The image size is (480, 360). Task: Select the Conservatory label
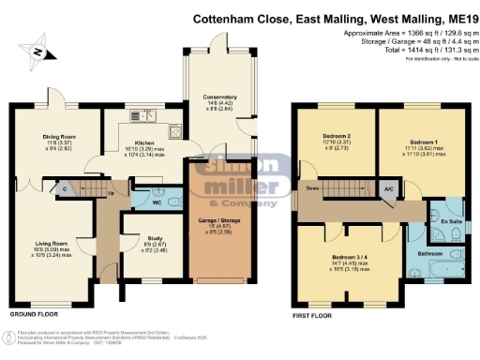tap(214, 97)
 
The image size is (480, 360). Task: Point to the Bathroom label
tap(429, 253)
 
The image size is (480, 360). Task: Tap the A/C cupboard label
tap(387, 188)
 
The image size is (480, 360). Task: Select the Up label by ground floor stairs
tap(110, 195)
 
